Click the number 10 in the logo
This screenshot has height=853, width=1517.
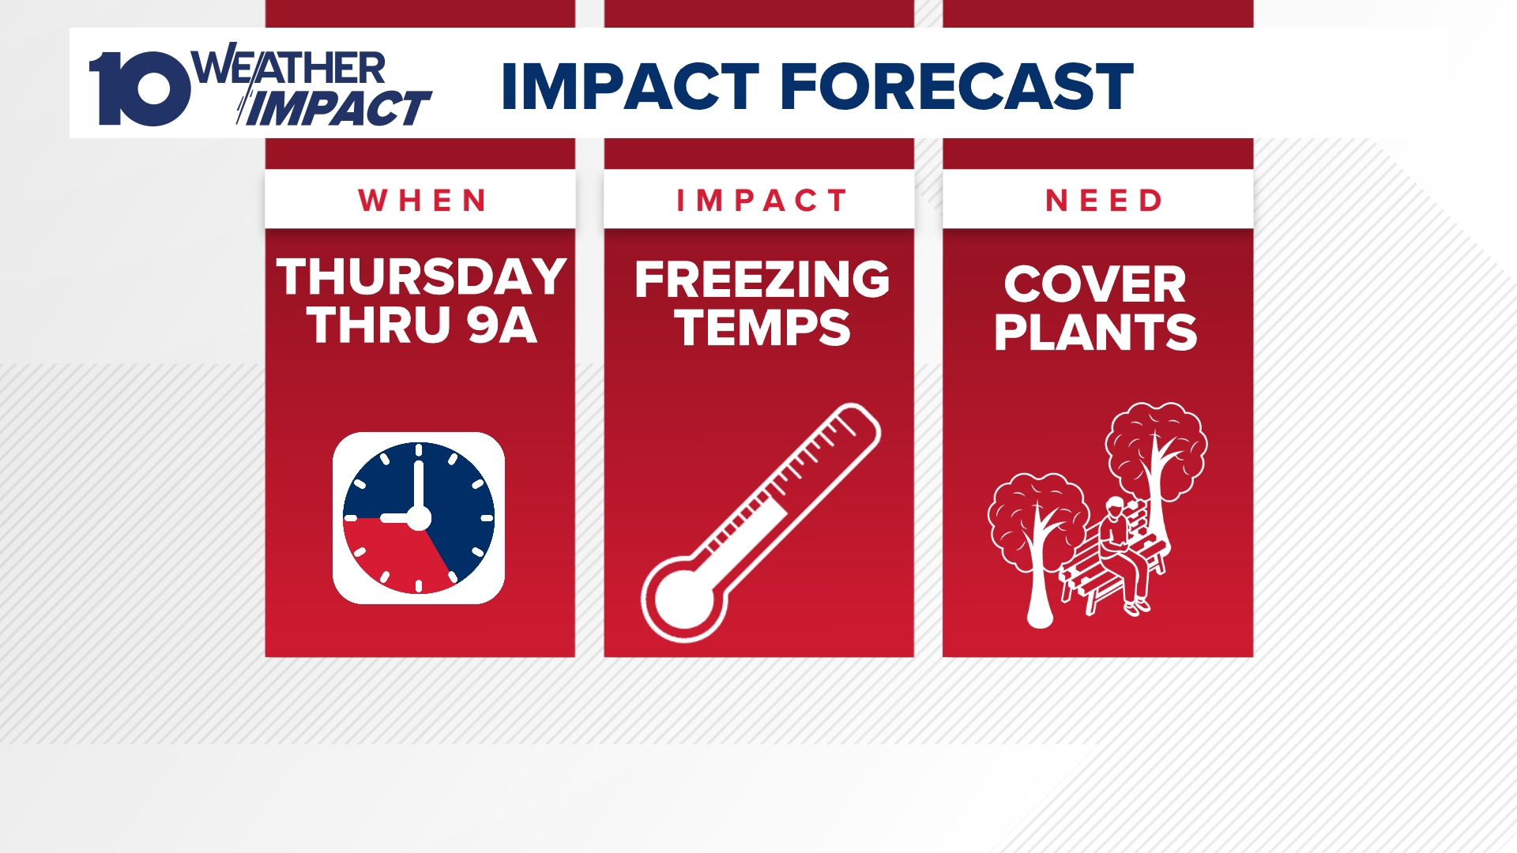(x=141, y=88)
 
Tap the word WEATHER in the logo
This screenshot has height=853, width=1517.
(x=289, y=68)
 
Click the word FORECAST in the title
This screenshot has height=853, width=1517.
(x=956, y=86)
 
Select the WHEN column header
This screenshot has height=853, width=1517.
(x=422, y=201)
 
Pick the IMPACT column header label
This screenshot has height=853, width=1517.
(x=761, y=201)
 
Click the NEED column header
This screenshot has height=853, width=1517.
(x=1104, y=201)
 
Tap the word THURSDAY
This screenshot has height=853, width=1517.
(x=421, y=277)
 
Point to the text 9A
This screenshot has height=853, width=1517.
(x=502, y=325)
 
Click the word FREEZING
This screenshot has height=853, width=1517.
(x=762, y=280)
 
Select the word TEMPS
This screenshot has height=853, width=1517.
(x=762, y=328)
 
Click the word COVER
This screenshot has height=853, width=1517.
(x=1095, y=284)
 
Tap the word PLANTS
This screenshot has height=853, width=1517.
(x=1095, y=333)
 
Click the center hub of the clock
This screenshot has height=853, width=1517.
(x=418, y=519)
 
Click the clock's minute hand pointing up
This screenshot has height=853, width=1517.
(x=418, y=482)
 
